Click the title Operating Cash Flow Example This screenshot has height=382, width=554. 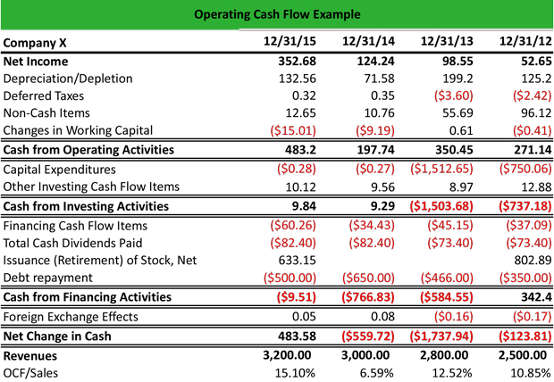coord(276,14)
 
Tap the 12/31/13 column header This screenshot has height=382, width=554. coord(444,42)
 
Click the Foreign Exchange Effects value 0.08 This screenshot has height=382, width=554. coord(376,315)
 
